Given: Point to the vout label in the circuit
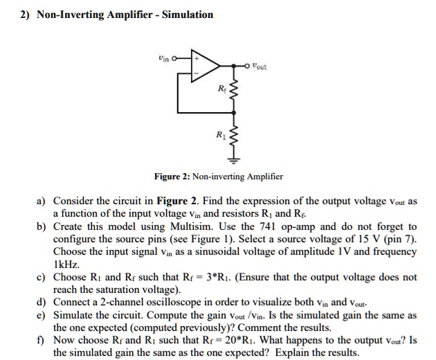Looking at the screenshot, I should click(261, 66).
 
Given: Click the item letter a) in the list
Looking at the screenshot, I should click(41, 201).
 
